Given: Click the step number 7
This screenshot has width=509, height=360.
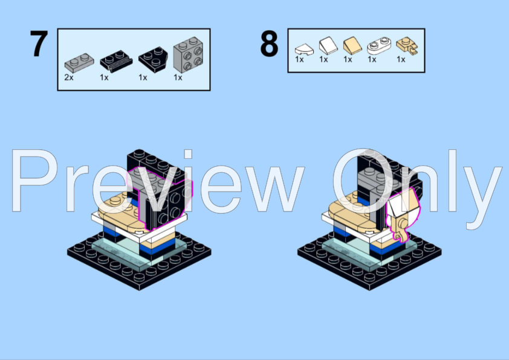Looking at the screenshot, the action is [x=39, y=43].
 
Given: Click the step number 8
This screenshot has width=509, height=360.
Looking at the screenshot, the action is [x=269, y=43].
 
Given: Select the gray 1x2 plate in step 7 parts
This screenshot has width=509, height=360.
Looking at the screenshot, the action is [x=79, y=63].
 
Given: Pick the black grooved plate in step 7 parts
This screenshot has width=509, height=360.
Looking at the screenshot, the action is [x=116, y=61].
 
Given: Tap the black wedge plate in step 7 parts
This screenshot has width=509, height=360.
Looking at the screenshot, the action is [x=153, y=60].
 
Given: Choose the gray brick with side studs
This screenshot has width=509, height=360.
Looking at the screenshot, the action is [x=188, y=54].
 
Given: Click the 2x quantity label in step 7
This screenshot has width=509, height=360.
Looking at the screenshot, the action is [x=69, y=77].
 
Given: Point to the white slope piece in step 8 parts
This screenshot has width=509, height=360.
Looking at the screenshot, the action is [x=328, y=45].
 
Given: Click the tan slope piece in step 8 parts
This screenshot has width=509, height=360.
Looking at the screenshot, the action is [x=352, y=45].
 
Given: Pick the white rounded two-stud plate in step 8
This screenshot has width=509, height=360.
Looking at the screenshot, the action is [x=379, y=46].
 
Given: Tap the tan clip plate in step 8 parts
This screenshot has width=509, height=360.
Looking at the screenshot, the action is [x=407, y=46].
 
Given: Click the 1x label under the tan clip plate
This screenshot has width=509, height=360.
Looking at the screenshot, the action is [x=401, y=59].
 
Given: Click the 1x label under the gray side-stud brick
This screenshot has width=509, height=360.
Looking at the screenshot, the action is [x=178, y=77].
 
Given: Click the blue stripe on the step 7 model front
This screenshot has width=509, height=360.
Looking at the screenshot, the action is [x=157, y=249].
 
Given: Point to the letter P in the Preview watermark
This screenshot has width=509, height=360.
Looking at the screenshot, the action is [x=34, y=181].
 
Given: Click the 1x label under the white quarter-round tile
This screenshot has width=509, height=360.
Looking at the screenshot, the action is [x=299, y=59].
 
